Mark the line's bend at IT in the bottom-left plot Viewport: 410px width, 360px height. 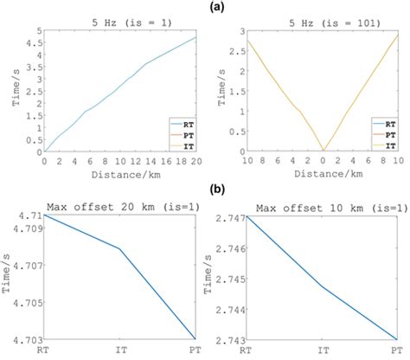coord(119,249)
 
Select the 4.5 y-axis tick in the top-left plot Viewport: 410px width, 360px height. coord(32,42)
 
